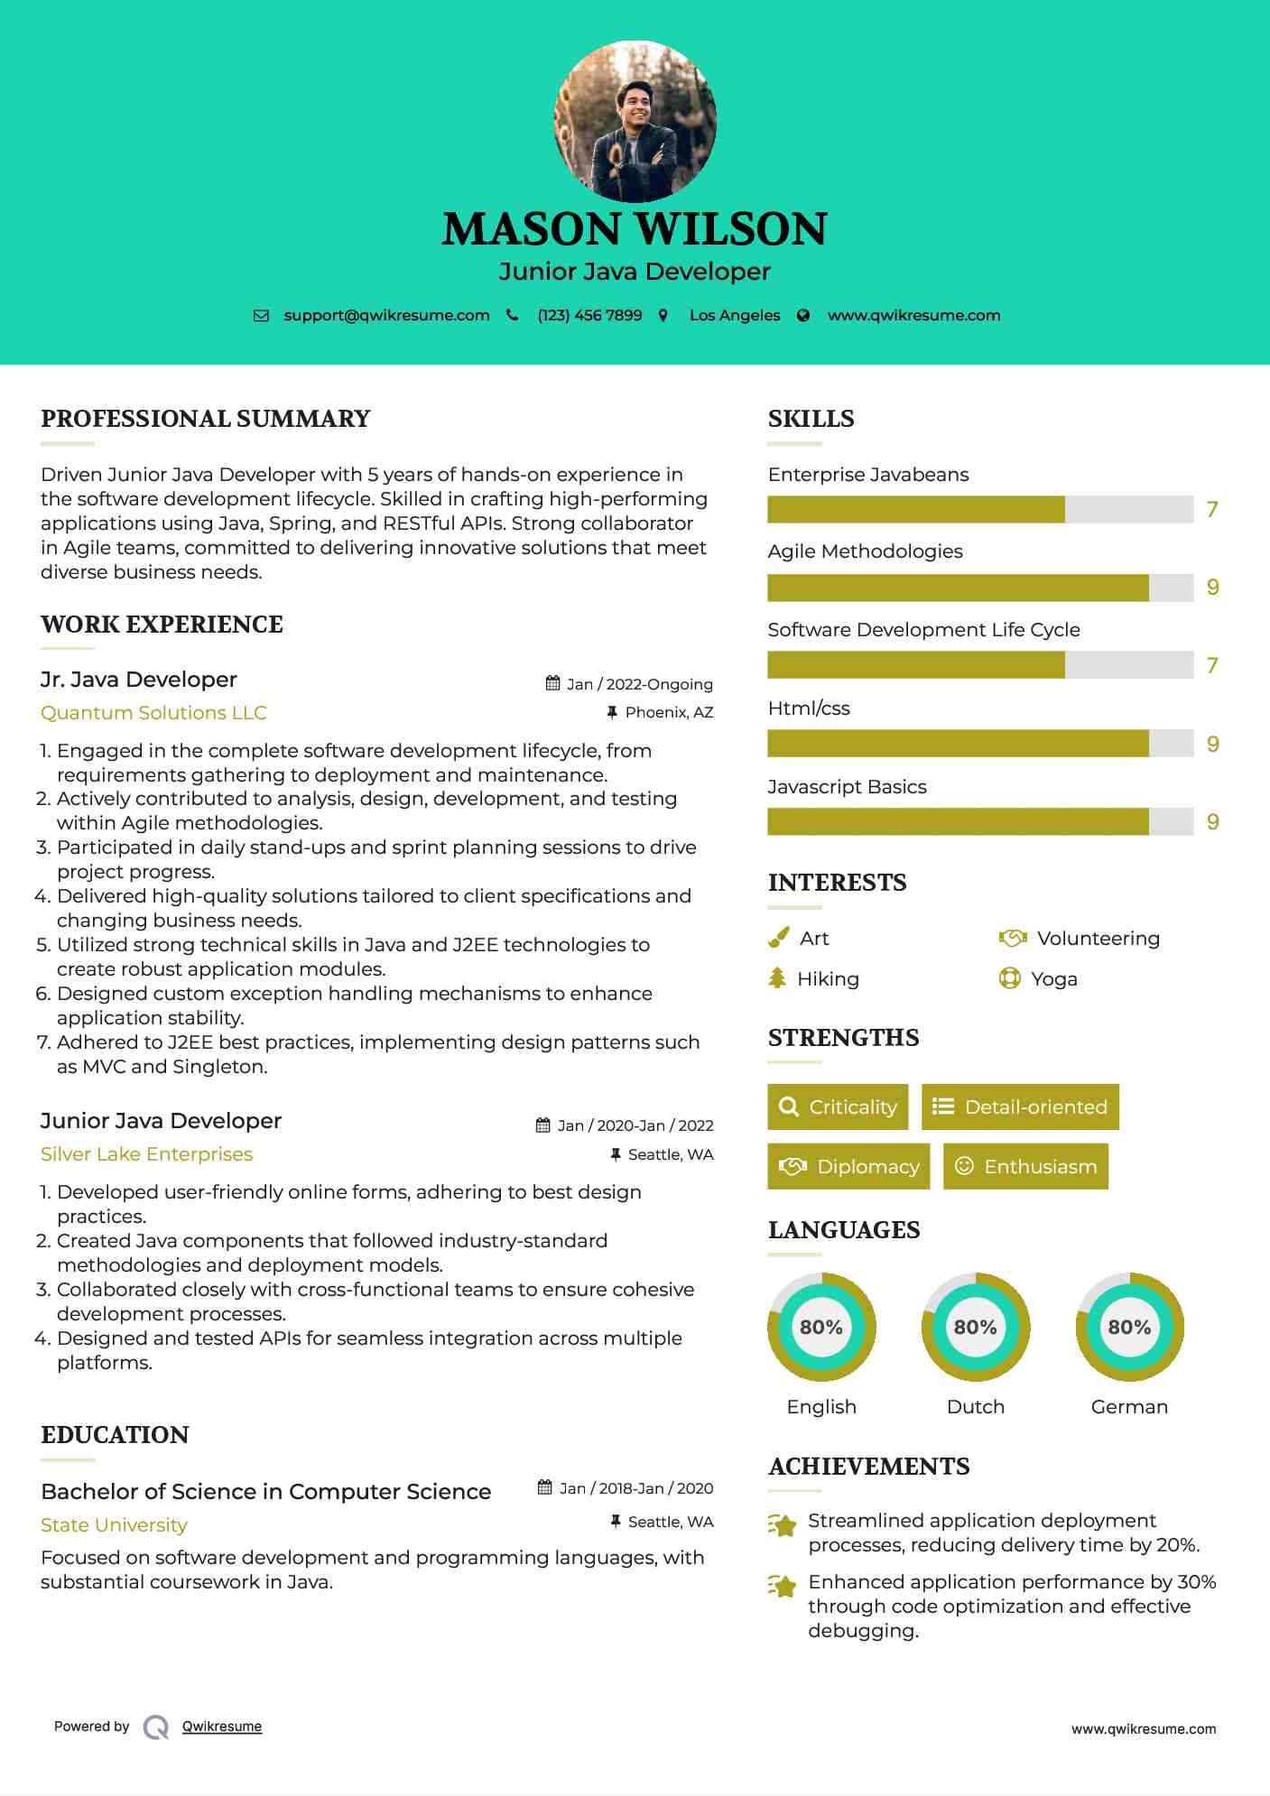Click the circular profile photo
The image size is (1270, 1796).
635,121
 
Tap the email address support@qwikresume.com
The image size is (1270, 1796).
386,316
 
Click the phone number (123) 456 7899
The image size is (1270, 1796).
589,316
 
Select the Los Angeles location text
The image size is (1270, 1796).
735,316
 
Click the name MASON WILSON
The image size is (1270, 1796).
635,229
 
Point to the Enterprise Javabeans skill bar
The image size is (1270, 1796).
979,510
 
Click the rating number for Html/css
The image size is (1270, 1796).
1212,745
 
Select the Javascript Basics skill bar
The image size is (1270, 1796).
979,822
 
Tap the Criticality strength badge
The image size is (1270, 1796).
838,1107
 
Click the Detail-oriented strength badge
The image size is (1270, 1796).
1020,1107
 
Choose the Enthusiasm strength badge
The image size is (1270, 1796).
1025,1167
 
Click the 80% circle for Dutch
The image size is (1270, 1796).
976,1328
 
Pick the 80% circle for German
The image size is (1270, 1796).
1129,1328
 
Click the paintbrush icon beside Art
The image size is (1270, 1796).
778,939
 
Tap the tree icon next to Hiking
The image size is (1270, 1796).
777,978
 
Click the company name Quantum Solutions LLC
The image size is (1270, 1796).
153,713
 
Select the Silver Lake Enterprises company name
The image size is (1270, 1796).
146,1154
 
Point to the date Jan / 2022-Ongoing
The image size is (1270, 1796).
639,684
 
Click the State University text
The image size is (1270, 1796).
114,1525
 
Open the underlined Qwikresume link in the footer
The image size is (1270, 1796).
222,1727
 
